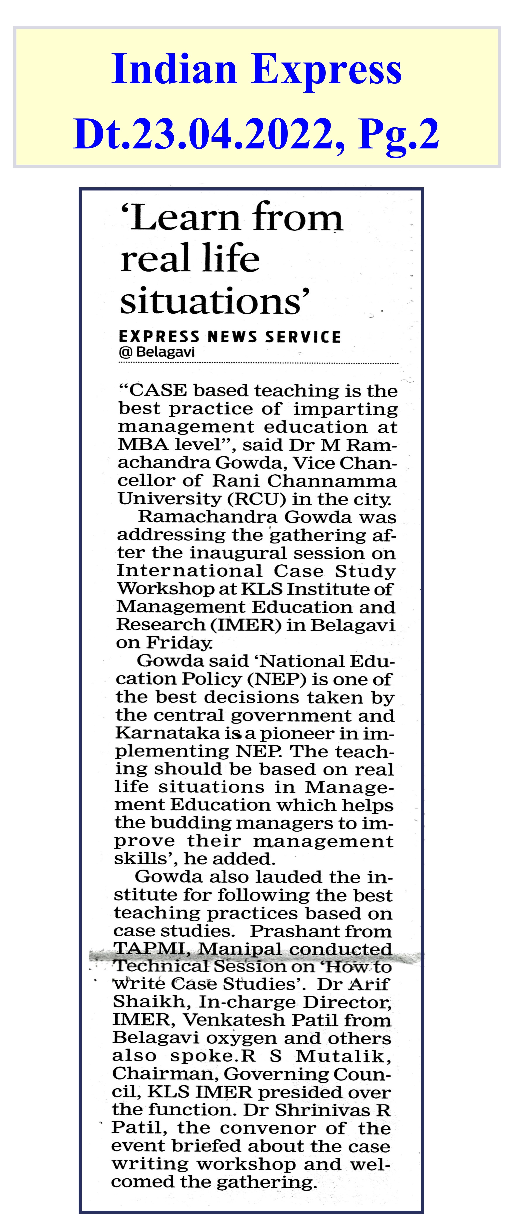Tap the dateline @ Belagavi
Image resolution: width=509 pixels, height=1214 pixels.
pyautogui.click(x=157, y=352)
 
